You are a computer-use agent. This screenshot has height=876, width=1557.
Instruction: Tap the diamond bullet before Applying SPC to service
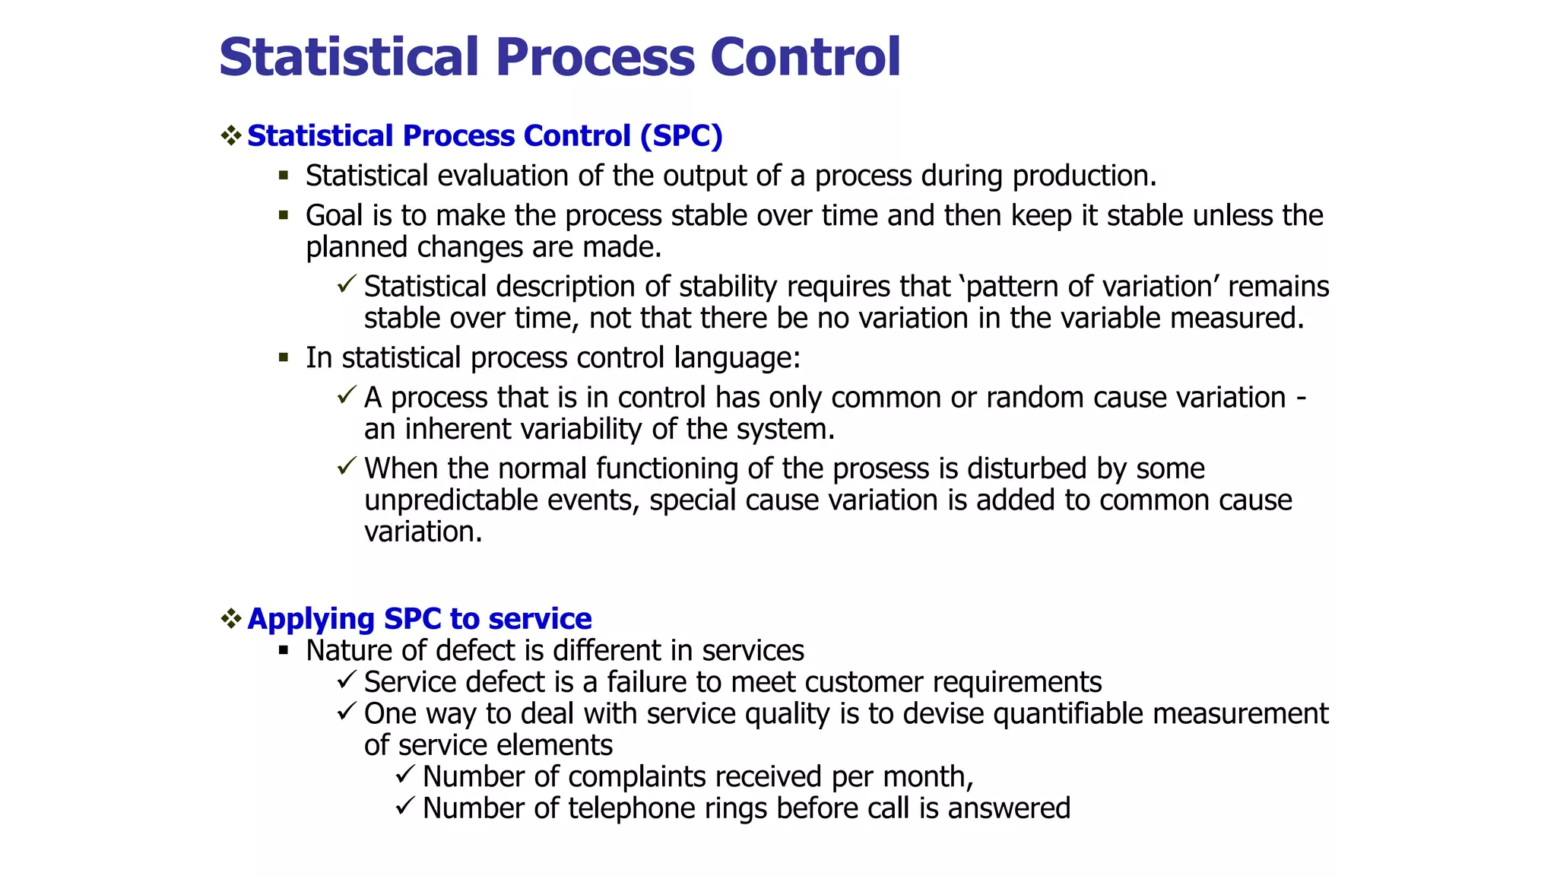[231, 618]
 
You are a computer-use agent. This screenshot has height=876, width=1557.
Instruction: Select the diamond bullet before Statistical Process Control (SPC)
[231, 136]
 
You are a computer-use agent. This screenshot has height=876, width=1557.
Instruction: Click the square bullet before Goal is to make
[284, 215]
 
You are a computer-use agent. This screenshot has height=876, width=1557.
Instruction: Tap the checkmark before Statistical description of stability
[347, 285]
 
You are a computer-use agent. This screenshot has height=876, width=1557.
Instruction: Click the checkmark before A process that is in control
[347, 395]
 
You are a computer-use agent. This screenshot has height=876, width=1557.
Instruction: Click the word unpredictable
[451, 500]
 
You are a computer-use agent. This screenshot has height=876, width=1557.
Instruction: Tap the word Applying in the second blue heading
[311, 619]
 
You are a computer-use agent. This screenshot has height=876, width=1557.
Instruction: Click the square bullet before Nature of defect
[284, 650]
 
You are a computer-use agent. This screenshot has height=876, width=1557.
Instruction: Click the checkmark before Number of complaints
[405, 775]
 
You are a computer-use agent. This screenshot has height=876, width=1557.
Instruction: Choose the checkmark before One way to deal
[347, 712]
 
